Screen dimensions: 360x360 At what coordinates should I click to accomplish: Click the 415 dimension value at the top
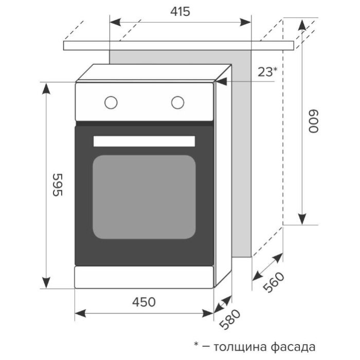[180, 11]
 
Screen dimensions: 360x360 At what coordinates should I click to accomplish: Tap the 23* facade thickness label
[267, 72]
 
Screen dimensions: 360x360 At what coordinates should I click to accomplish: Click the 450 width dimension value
[144, 302]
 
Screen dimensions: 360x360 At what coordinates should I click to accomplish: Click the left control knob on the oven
[111, 102]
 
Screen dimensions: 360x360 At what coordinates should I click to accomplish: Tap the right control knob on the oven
[178, 102]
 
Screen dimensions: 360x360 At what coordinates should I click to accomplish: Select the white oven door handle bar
[144, 141]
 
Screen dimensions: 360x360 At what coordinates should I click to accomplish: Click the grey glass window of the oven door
[144, 196]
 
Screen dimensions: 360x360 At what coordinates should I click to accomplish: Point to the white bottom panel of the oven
[144, 277]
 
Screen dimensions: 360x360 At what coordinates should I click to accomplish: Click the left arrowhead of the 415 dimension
[114, 22]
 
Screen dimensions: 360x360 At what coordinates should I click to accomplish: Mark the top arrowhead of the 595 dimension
[46, 87]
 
